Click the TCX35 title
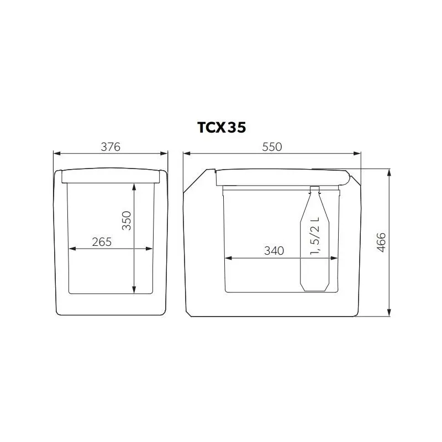pyautogui.click(x=222, y=127)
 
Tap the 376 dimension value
pyautogui.click(x=110, y=146)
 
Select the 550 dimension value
pyautogui.click(x=272, y=146)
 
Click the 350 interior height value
pyautogui.click(x=127, y=221)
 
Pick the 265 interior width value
pyautogui.click(x=102, y=241)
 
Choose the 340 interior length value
pyautogui.click(x=274, y=250)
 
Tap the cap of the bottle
pyautogui.click(x=315, y=189)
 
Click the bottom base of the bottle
pyautogui.click(x=315, y=288)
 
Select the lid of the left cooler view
pyautogui.click(x=110, y=176)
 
